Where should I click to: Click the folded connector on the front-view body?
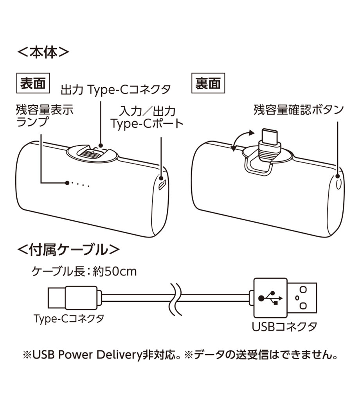tap(93, 153)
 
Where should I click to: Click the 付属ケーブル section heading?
tap(68, 249)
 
